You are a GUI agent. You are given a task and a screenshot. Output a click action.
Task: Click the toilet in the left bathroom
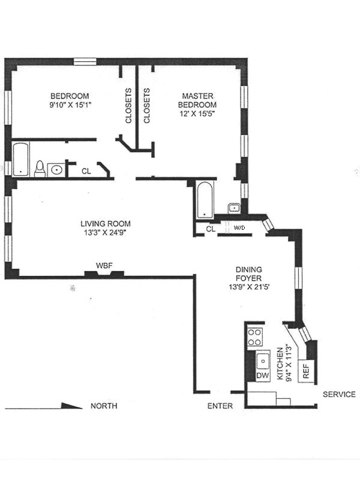[x=40, y=169]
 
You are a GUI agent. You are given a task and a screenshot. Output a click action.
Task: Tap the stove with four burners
[x=254, y=337]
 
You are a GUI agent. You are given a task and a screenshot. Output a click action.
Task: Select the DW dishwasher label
[x=262, y=376]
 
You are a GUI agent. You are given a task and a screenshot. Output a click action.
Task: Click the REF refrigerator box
[x=307, y=371]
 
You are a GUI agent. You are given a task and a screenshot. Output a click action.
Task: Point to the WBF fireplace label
[x=104, y=265]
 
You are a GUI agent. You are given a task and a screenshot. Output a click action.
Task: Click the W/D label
[x=239, y=228]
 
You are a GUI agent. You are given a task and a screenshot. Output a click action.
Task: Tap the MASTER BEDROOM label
[x=197, y=100]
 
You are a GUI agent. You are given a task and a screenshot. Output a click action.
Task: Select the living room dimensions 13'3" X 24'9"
[x=106, y=233]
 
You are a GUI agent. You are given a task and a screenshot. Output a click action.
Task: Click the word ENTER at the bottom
[x=220, y=406]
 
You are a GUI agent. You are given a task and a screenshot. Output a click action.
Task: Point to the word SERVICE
[x=339, y=394]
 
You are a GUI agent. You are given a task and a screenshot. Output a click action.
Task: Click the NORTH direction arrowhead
[x=72, y=406]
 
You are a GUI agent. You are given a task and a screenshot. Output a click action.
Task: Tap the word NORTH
[x=104, y=406]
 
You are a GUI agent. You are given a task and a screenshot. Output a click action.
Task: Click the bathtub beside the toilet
[x=20, y=159]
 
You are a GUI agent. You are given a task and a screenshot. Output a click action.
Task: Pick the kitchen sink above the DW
[x=263, y=361]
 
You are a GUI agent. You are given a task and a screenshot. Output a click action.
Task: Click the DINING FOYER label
[x=248, y=274]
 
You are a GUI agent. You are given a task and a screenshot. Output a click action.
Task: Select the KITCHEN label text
[x=280, y=364]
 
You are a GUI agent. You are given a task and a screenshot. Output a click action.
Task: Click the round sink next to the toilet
[x=56, y=170]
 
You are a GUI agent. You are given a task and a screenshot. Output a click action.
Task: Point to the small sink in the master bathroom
[x=234, y=208]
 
